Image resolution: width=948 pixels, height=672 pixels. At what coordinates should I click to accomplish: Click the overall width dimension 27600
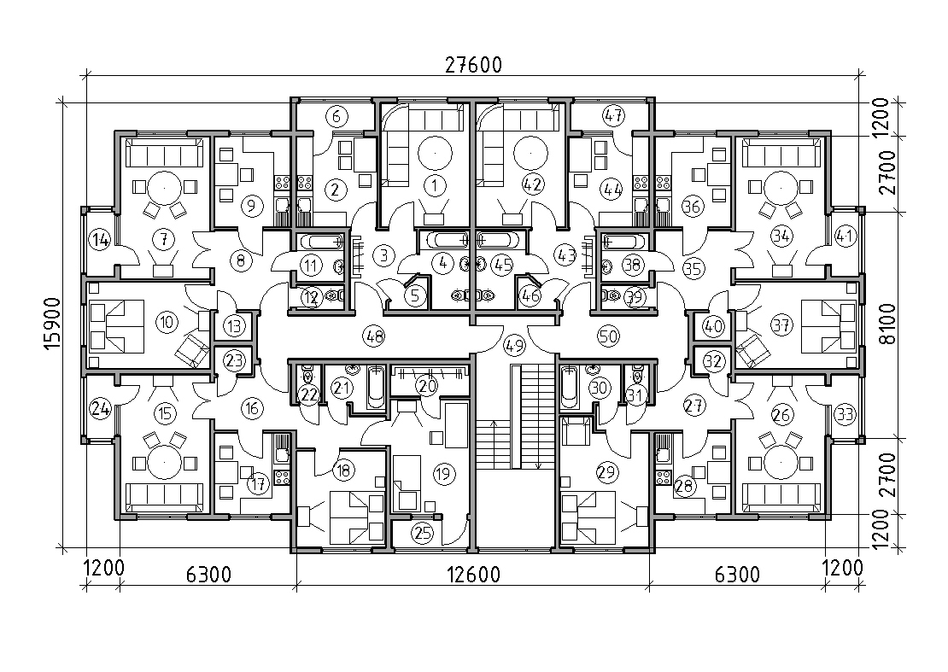coord(473,65)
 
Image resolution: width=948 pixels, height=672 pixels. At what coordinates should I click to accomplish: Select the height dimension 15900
coord(52,324)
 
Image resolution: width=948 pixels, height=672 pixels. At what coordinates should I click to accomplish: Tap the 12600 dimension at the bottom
coord(473,574)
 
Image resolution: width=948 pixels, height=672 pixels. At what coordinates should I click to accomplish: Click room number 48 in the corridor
coord(374,336)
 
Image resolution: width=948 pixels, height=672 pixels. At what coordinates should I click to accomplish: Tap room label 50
coord(607,336)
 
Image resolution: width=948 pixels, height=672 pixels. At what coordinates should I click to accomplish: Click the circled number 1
coord(434,185)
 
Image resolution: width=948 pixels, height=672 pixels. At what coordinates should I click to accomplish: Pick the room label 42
coord(533,184)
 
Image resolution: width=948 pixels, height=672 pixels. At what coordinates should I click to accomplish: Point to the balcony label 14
coord(100,240)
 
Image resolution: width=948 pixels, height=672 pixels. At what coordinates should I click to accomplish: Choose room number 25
coord(423,533)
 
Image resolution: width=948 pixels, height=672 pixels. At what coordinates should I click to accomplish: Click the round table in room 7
coord(162,188)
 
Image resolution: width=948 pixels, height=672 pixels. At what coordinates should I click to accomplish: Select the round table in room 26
coord(781,464)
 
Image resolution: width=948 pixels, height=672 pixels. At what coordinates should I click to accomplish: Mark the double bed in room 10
coord(117,326)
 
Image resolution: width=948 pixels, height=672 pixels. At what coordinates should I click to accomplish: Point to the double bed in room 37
coord(829,327)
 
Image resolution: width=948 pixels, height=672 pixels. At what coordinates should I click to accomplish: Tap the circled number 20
coord(427,386)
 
